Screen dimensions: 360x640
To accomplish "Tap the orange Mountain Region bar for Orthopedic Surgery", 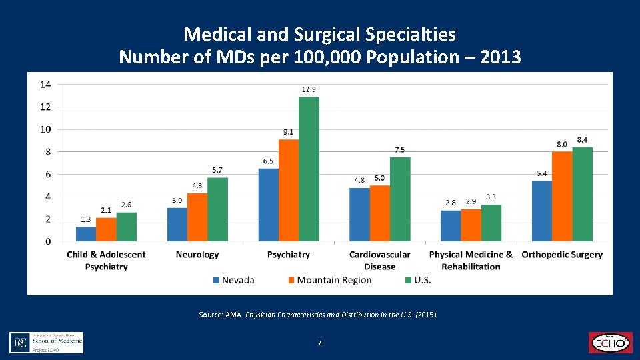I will tap(562, 196).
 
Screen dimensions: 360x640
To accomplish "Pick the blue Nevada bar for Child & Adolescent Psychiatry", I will tap(86, 234).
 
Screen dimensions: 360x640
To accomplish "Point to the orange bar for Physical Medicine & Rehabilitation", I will tap(471, 225).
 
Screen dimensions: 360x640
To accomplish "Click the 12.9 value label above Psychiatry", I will tap(309, 89).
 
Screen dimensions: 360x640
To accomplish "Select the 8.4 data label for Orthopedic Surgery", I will tap(582, 140).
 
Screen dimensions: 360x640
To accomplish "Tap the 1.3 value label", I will tap(86, 219).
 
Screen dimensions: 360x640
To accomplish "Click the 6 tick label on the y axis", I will tap(48, 174).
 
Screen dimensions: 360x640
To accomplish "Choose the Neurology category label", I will tap(197, 255).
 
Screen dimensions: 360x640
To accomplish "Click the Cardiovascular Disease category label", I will tap(380, 260).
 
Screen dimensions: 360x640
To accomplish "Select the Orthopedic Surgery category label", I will tap(562, 255).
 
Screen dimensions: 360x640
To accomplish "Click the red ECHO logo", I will tap(609, 342).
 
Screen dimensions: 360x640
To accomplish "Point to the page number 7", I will tap(320, 343).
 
